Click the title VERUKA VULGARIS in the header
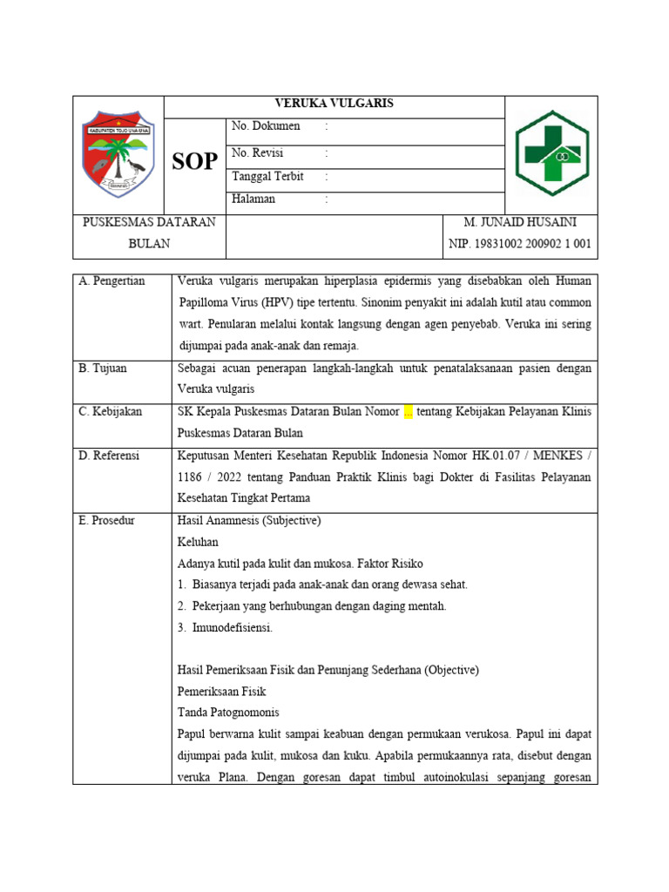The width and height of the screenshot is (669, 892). (x=334, y=104)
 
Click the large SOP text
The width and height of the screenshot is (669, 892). (x=194, y=161)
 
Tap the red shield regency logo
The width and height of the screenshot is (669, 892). (x=118, y=154)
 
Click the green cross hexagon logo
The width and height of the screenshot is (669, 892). (x=552, y=153)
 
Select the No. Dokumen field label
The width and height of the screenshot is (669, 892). (x=266, y=127)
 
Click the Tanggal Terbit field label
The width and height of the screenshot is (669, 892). (x=267, y=177)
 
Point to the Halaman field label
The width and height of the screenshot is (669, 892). (x=253, y=199)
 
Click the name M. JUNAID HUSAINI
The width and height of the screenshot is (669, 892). (x=520, y=223)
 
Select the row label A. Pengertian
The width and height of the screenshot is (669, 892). (x=112, y=281)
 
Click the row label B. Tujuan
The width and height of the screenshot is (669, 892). (x=103, y=368)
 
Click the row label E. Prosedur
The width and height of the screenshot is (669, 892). (x=107, y=521)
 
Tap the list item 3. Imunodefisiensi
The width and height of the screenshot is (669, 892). (x=225, y=627)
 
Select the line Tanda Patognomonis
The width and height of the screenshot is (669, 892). (x=227, y=713)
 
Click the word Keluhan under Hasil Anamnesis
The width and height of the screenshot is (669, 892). (x=198, y=542)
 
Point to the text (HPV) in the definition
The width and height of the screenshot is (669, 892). (x=276, y=303)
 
